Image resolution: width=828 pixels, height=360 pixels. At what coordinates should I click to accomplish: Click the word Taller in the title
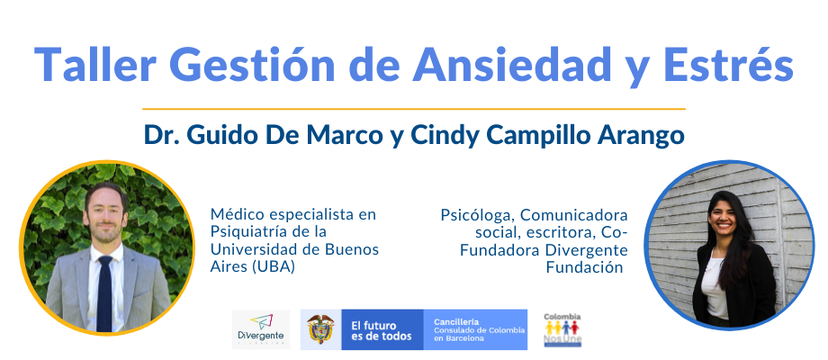coord(95,64)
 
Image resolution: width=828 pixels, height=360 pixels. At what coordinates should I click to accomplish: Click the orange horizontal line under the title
coord(414,109)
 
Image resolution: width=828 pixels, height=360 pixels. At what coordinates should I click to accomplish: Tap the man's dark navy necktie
coord(104,293)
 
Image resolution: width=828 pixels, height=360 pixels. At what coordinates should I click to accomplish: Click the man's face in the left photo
coord(106,216)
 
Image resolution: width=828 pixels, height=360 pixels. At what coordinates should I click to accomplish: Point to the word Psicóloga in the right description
coord(477,216)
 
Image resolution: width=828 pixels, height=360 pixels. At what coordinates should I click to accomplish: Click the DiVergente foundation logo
coord(261,329)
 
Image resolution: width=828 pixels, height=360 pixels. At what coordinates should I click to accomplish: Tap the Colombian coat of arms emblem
coord(320,328)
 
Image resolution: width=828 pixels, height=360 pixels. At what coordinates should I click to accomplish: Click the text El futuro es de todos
coord(382,330)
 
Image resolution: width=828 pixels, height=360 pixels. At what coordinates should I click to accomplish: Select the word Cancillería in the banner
coord(456,321)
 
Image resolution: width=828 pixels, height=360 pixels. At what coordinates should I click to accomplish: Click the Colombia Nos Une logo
coord(562,330)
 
